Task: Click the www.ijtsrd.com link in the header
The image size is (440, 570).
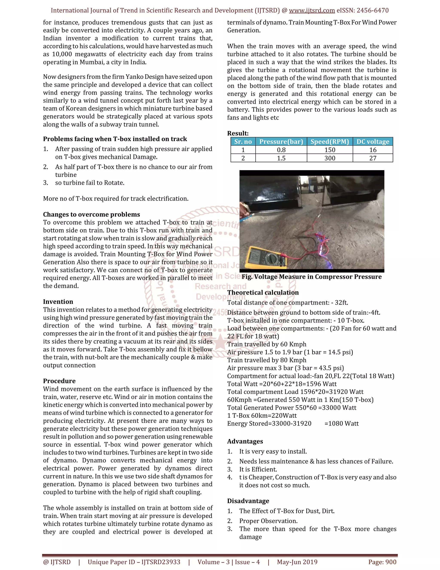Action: (312, 11)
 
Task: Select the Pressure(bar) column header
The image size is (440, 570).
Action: (281, 142)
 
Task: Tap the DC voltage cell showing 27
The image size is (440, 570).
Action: (373, 158)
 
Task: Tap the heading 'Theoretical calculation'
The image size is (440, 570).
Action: (263, 293)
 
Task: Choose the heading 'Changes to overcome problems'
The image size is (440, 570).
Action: (91, 214)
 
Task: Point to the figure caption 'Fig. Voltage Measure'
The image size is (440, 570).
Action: (312, 277)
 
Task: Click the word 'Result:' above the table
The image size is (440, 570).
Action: (238, 133)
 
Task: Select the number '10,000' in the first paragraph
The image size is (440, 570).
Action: (62, 54)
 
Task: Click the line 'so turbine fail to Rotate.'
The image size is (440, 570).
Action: (90, 183)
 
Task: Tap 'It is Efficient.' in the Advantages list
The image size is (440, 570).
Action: (258, 470)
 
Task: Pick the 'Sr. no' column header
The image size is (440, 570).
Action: (243, 142)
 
